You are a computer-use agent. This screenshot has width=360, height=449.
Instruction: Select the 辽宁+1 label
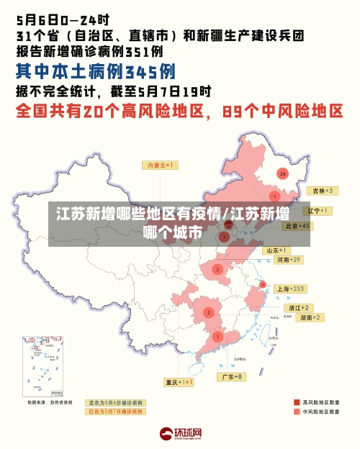click(317, 211)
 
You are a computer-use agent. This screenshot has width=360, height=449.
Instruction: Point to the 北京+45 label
click(297, 225)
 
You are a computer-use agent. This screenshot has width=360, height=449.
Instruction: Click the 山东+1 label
click(277, 250)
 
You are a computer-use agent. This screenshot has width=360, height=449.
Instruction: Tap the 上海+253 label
click(291, 289)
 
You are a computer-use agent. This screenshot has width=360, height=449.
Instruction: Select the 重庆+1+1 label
click(179, 382)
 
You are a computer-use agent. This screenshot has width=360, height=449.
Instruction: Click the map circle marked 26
click(283, 173)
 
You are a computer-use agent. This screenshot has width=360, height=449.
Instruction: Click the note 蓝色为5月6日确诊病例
click(115, 402)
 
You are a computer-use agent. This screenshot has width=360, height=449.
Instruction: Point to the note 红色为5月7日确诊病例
click(115, 412)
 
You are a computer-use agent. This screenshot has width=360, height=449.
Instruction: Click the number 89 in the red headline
click(235, 112)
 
